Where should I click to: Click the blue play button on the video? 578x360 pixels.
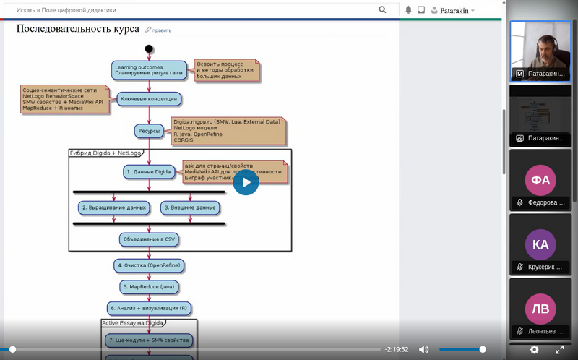(x=246, y=182)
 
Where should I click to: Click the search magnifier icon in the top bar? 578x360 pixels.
(x=382, y=10)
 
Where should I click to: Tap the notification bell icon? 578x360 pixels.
(x=408, y=10)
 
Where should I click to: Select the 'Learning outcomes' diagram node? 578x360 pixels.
(x=149, y=70)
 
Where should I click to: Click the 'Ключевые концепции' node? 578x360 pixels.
(x=148, y=98)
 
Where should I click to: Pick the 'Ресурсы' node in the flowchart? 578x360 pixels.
(x=149, y=131)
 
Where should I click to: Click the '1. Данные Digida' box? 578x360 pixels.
(x=149, y=172)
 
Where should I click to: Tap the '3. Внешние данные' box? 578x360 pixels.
(x=190, y=207)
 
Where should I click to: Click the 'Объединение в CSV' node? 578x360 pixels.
(x=149, y=239)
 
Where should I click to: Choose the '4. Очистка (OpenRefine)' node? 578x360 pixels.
(x=149, y=265)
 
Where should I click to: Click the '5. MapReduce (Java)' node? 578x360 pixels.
(x=149, y=287)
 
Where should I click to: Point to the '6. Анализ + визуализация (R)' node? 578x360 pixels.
(x=149, y=309)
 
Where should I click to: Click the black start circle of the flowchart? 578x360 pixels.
(x=149, y=49)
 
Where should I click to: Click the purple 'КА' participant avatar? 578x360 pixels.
(x=540, y=244)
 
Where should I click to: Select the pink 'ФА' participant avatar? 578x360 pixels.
(x=540, y=179)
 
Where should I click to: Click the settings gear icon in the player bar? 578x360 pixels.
(x=534, y=350)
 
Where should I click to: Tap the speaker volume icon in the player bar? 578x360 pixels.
(x=424, y=350)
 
